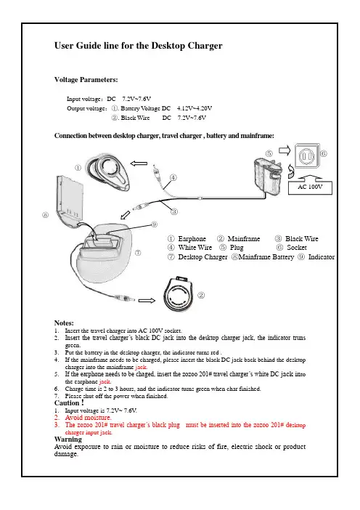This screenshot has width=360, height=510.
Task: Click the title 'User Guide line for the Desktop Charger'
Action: coord(139,46)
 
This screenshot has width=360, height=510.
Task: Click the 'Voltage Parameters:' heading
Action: coord(86,80)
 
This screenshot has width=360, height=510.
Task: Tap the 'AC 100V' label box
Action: coord(310,187)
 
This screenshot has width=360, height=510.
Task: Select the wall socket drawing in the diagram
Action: coord(307,157)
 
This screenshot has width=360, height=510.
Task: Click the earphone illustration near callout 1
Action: coord(108,171)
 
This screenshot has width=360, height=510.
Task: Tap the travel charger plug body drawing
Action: coord(267,177)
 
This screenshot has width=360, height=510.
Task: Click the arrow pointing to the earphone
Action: coord(139,163)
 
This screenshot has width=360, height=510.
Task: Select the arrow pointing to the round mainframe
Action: coord(147,301)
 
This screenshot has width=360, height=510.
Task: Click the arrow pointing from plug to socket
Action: coord(285,150)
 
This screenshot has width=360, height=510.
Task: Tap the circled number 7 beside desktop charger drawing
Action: coord(138,252)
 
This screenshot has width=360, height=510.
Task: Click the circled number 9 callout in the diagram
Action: coord(155,224)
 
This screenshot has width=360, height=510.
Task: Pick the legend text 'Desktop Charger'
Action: coord(202,257)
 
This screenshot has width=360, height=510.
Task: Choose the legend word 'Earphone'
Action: coord(192,239)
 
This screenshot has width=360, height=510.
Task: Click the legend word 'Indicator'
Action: coord(322,257)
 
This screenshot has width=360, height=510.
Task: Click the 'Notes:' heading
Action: coord(64,323)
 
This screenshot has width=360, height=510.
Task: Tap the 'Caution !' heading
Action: coord(69,403)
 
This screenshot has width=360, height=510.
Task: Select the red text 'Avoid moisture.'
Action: coord(88,418)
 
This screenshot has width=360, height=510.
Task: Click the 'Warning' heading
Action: coord(68,440)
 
